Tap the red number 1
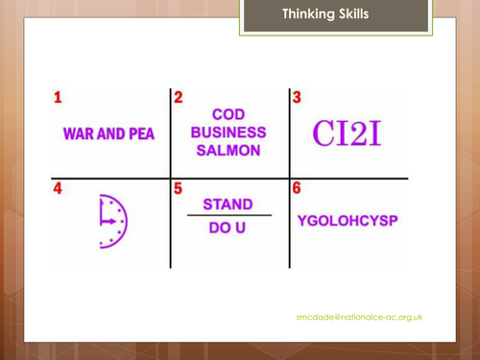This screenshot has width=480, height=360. pos(58,97)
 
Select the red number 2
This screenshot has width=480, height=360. pos(178,97)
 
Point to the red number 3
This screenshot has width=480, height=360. pos(297,97)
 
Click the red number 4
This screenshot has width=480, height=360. pos(58,189)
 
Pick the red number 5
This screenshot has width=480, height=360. pos(178,189)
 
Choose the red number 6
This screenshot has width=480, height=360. pos(297,189)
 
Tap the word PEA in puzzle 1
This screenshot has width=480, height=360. pos(140,133)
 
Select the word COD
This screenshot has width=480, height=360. pos(228,113)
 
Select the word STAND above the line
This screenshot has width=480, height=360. pos(228,204)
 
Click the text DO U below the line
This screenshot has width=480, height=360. pos(228,230)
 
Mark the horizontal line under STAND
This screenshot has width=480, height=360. pos(228,217)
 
